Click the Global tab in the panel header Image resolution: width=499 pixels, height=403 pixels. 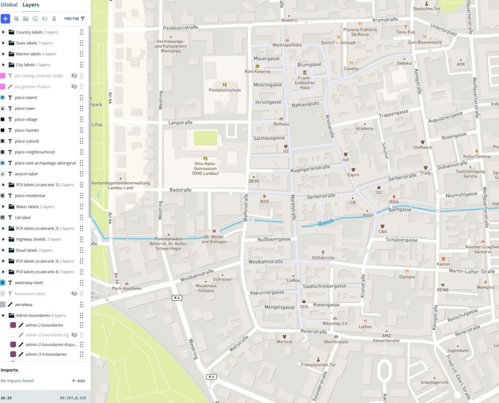pos(9,5)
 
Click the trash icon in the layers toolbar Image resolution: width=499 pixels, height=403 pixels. pos(54,19)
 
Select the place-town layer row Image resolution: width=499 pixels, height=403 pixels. pos(25,108)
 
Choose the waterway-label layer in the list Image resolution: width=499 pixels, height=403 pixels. pos(29,283)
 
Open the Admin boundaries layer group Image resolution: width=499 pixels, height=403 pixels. pos(33,315)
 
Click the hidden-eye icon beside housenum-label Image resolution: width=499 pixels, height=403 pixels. pos(74,294)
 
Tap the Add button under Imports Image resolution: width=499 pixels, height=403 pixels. pos(78,381)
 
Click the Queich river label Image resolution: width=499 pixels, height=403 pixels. pos(326,221)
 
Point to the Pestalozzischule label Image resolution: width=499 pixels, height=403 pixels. pos(225,90)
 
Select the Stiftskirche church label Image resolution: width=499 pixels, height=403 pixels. pos(323,257)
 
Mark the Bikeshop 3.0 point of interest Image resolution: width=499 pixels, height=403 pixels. pos(335,323)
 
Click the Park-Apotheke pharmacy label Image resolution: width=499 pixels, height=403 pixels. pos(126,289)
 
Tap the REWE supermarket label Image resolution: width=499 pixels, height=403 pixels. pos(443,290)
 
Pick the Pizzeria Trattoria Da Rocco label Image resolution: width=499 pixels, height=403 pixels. pos(360,32)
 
